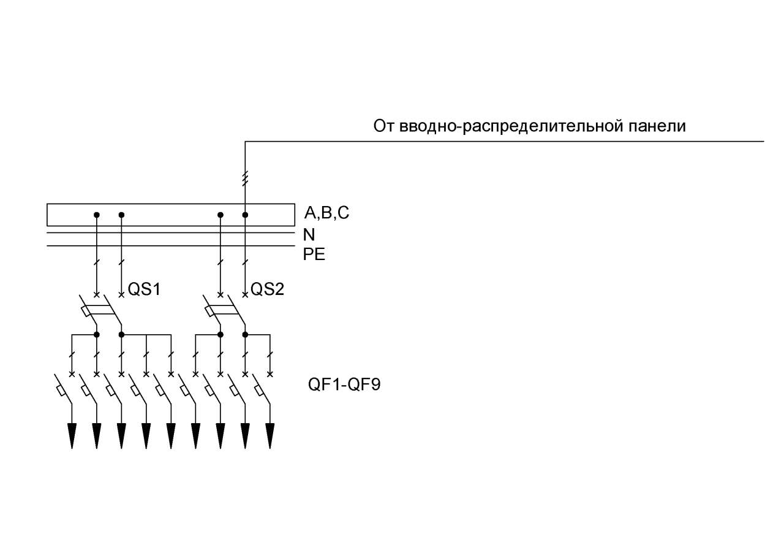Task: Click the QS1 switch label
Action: click(144, 289)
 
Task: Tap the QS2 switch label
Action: click(267, 289)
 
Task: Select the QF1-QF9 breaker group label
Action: click(344, 385)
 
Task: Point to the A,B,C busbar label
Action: click(327, 213)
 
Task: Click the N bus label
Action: click(309, 235)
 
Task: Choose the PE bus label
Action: click(314, 255)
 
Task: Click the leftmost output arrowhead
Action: click(72, 436)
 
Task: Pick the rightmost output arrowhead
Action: click(270, 436)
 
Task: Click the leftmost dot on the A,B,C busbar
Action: click(97, 215)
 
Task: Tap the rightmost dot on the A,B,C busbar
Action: click(245, 215)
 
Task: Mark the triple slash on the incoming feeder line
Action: click(245, 178)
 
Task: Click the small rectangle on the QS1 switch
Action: click(86, 311)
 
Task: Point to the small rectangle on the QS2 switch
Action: click(209, 311)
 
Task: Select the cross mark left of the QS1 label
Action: click(121, 294)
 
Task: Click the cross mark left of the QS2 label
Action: click(245, 294)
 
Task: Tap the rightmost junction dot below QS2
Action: click(245, 335)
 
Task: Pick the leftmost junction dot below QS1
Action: click(97, 335)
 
